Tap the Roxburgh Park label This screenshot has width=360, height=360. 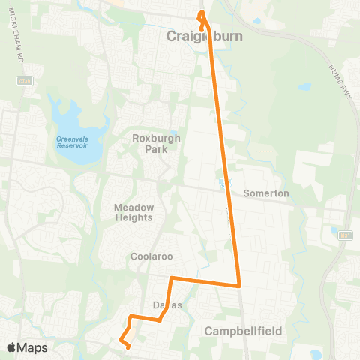pyautogui.click(x=153, y=143)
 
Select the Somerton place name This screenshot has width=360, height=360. pyautogui.click(x=265, y=193)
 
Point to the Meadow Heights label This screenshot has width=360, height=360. pyautogui.click(x=133, y=212)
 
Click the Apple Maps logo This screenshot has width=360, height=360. pyautogui.click(x=27, y=347)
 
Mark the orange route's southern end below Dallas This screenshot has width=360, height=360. pyautogui.click(x=129, y=346)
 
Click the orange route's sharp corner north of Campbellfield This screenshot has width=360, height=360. pyautogui.click(x=238, y=286)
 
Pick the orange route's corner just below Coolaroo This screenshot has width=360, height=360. pyautogui.click(x=172, y=279)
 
